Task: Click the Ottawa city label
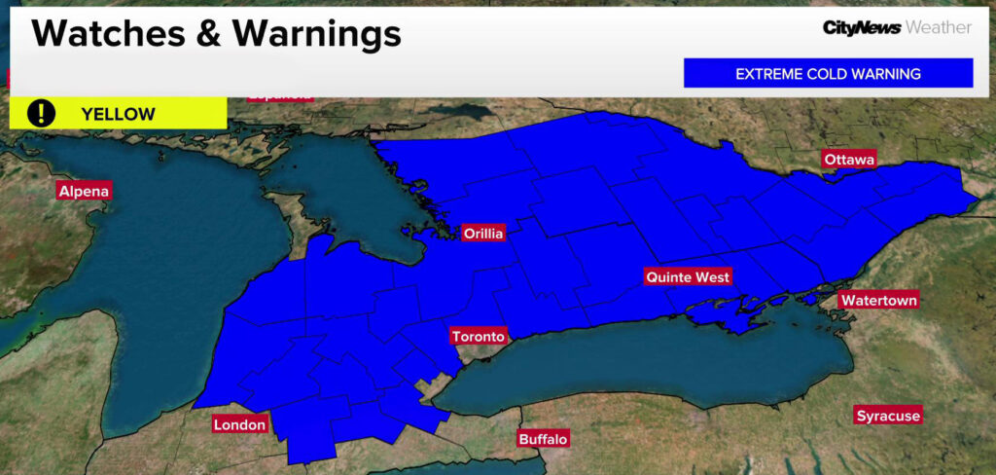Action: point(849,160)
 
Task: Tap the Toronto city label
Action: point(479,337)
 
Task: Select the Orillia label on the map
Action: point(483,234)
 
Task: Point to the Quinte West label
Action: point(688,277)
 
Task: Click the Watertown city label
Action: point(878,301)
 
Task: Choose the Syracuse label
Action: point(887,417)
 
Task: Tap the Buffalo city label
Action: point(543,439)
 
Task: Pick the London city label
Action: point(239,425)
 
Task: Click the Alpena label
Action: point(84,191)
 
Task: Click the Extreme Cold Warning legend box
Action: point(828,74)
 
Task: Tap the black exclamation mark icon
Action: point(41,113)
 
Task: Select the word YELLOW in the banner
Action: point(118,114)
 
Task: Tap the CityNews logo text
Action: point(861,28)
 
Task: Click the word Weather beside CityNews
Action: point(938,28)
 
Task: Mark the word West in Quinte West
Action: point(711,277)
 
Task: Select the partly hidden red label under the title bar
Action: point(280,96)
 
